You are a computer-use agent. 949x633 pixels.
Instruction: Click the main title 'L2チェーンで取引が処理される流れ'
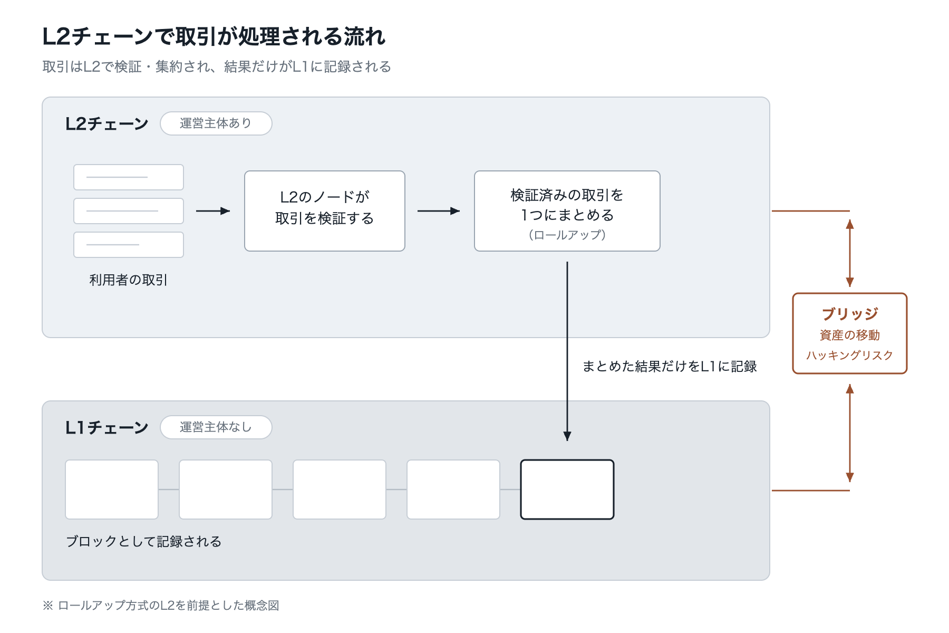coord(214,37)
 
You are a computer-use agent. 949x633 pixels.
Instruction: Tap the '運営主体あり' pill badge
coord(216,123)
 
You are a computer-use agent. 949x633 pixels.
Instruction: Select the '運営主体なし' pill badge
coord(216,427)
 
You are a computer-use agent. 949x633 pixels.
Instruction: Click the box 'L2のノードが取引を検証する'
coord(325,211)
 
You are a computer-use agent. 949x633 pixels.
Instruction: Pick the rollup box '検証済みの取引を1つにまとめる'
coord(567,211)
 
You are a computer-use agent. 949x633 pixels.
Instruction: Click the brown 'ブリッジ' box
coord(850,333)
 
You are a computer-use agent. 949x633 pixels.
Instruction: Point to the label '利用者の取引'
coord(129,280)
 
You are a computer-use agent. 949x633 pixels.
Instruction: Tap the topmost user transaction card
coord(129,177)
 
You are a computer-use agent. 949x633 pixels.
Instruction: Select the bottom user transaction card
coord(129,245)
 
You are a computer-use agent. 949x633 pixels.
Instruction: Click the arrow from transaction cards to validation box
coord(213,211)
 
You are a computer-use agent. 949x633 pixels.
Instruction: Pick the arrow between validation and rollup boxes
coord(439,211)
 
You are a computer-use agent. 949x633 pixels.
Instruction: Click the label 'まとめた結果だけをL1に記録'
coord(670,367)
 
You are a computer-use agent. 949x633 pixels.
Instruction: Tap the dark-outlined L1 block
coord(567,490)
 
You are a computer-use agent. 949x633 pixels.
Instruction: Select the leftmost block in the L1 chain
coord(112,490)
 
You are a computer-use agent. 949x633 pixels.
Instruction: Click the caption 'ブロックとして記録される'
coord(143,542)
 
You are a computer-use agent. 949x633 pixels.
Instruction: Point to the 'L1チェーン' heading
coord(107,427)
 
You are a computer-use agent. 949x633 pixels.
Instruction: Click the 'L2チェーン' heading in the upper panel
coord(107,123)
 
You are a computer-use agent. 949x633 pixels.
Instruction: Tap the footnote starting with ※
coord(161,606)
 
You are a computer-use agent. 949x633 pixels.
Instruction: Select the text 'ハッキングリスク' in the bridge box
coord(850,356)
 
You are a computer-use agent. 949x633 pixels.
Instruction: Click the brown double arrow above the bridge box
coord(850,253)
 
